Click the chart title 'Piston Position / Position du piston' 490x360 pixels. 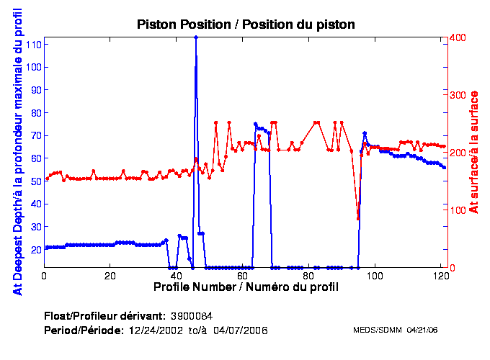point(246,24)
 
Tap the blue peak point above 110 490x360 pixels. point(196,37)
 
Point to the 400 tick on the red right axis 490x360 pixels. point(456,37)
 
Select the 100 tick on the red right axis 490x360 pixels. point(456,210)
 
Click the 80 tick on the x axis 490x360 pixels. point(308,275)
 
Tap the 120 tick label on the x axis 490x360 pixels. point(440,275)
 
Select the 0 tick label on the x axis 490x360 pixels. point(45,275)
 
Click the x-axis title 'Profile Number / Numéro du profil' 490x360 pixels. point(246,287)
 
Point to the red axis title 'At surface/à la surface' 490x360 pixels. point(473,152)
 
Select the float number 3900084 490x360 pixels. point(191,316)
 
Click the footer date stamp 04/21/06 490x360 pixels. point(422,330)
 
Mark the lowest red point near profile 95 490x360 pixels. point(358,219)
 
